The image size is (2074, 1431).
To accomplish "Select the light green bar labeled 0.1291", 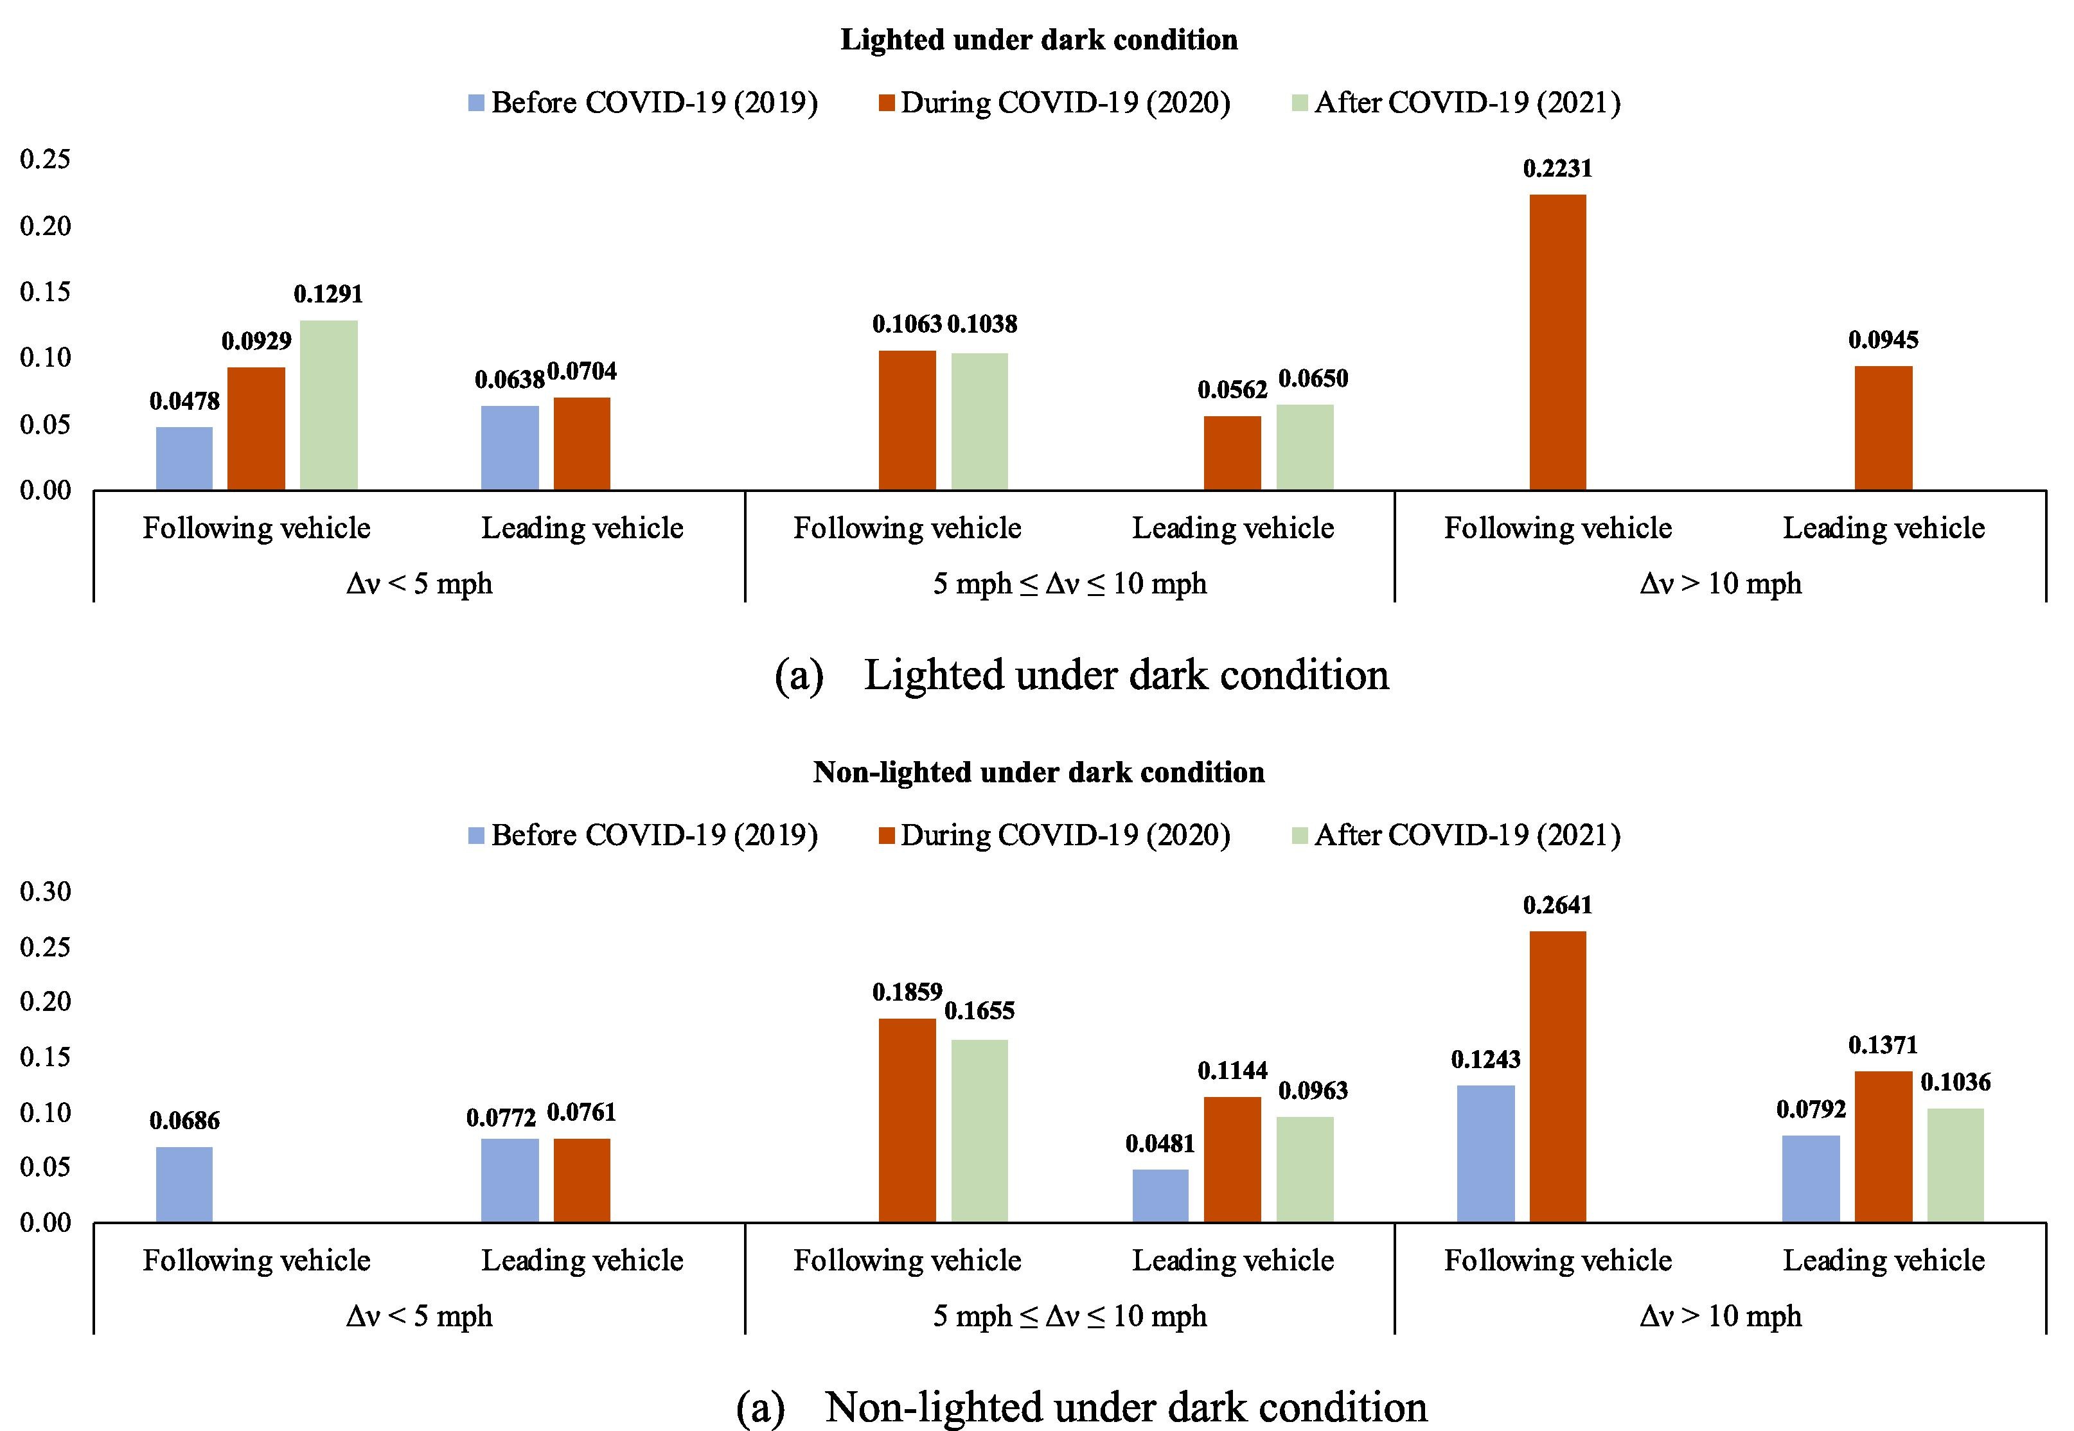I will coord(328,405).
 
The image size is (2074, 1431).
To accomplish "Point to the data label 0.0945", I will coord(1883,340).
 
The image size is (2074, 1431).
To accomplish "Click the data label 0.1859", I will coord(907,992).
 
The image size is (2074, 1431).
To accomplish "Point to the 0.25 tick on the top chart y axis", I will coord(45,159).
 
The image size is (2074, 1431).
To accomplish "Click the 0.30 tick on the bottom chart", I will coord(45,891).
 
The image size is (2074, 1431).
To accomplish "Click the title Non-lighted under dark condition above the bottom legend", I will coord(1038,772).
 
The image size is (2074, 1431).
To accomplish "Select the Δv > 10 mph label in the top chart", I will coord(1720,584).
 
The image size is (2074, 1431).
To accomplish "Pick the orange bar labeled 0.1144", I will coord(1232,1159).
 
